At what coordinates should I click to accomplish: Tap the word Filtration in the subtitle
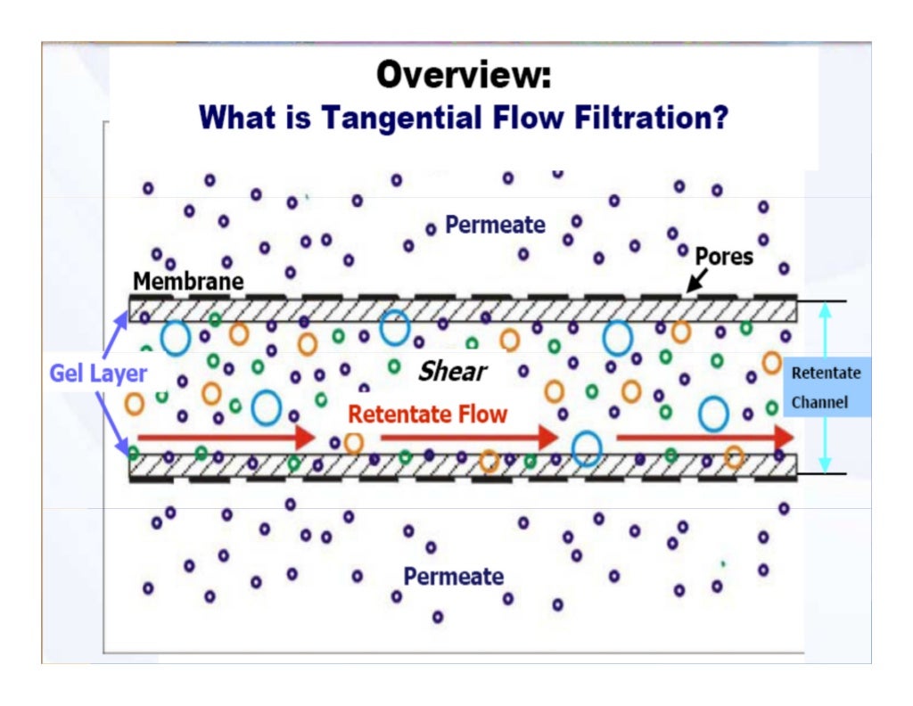click(654, 117)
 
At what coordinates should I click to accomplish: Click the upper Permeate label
click(495, 225)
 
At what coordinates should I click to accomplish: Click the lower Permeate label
click(454, 577)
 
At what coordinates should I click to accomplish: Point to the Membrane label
click(188, 282)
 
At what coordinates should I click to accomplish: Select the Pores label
click(724, 257)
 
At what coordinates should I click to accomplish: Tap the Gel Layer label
click(98, 373)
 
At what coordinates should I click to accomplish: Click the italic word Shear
click(453, 371)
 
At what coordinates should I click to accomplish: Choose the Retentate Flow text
click(427, 414)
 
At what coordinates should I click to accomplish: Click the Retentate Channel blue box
click(827, 387)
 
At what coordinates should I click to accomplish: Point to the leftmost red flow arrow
click(226, 437)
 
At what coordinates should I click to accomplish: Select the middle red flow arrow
click(469, 437)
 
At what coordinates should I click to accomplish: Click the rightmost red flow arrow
click(705, 437)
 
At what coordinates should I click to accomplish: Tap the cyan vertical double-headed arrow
click(825, 387)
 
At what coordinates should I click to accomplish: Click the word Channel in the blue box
click(819, 403)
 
